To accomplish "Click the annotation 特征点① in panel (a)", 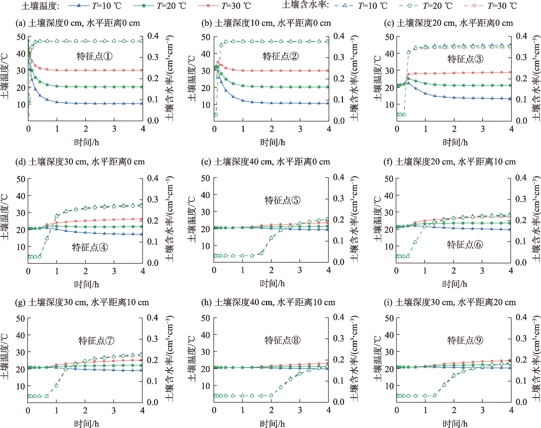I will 94,56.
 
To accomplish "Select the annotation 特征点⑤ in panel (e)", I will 282,200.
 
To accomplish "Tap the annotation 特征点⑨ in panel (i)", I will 465,340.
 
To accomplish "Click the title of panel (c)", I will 448,23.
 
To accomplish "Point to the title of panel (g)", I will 82,302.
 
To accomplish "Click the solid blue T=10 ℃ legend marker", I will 79,5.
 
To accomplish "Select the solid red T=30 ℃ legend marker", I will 208,5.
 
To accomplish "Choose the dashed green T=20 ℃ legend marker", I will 409,5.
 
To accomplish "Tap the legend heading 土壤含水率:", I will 305,5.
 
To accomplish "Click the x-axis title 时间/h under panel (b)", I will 272,142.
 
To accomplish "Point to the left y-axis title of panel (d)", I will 5,217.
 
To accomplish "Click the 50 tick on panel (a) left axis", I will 21,37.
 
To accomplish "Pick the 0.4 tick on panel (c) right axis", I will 521,36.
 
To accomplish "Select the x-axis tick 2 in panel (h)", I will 271,410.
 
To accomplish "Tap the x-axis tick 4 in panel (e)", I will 329,270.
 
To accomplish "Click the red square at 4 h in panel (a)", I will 141,70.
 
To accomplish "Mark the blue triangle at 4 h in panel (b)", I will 328,103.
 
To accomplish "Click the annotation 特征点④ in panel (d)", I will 90,247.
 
